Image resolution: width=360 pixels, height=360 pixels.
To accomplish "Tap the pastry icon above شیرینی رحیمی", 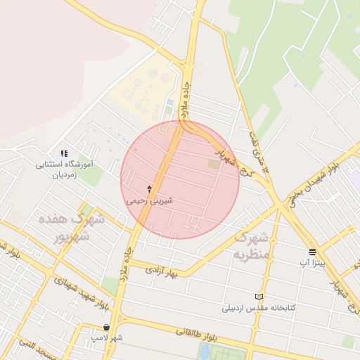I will tap(149, 189).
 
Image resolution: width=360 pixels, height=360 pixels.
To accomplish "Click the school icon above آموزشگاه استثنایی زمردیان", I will tap(64, 153).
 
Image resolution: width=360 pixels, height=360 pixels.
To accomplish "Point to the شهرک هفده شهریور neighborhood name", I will tap(79, 226).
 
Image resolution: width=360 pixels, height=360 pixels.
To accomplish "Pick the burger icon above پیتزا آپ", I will tap(312, 251).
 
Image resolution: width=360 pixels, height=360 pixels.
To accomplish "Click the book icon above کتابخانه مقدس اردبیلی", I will tap(258, 297).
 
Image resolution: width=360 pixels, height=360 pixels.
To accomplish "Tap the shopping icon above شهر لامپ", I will tap(106, 327).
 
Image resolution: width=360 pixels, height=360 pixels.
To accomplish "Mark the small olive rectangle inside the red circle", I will tap(213, 164).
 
